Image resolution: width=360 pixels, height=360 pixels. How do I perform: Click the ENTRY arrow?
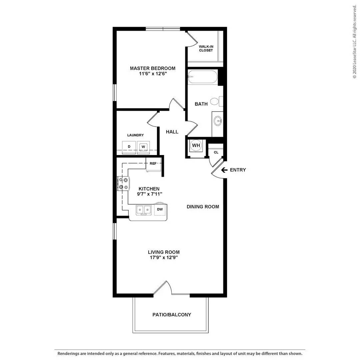click(x=224, y=170)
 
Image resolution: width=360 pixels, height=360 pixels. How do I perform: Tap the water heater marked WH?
click(x=196, y=145)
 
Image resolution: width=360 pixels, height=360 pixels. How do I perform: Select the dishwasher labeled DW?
click(x=160, y=209)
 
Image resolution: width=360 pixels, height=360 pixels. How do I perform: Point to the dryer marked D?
click(x=129, y=147)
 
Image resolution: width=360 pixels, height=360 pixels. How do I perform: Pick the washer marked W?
click(x=143, y=147)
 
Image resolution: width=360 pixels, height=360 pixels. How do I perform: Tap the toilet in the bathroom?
click(x=217, y=101)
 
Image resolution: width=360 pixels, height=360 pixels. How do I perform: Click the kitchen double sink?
click(x=143, y=210)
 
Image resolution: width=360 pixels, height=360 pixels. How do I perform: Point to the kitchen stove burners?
click(x=123, y=183)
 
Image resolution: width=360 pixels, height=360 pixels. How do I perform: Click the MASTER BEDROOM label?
click(x=153, y=68)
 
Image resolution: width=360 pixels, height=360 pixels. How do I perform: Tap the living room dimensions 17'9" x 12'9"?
click(x=164, y=258)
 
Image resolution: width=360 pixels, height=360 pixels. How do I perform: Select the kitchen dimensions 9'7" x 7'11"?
click(x=150, y=194)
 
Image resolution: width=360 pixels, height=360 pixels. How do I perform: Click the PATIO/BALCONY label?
click(x=172, y=315)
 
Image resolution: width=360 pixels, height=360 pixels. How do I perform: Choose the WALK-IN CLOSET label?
click(x=206, y=48)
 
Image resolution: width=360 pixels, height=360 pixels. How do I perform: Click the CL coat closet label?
click(x=216, y=152)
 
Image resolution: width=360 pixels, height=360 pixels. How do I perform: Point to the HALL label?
click(x=172, y=132)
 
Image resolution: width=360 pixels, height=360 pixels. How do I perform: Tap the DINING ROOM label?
click(x=203, y=207)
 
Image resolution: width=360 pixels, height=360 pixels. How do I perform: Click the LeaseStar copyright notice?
click(x=355, y=42)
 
